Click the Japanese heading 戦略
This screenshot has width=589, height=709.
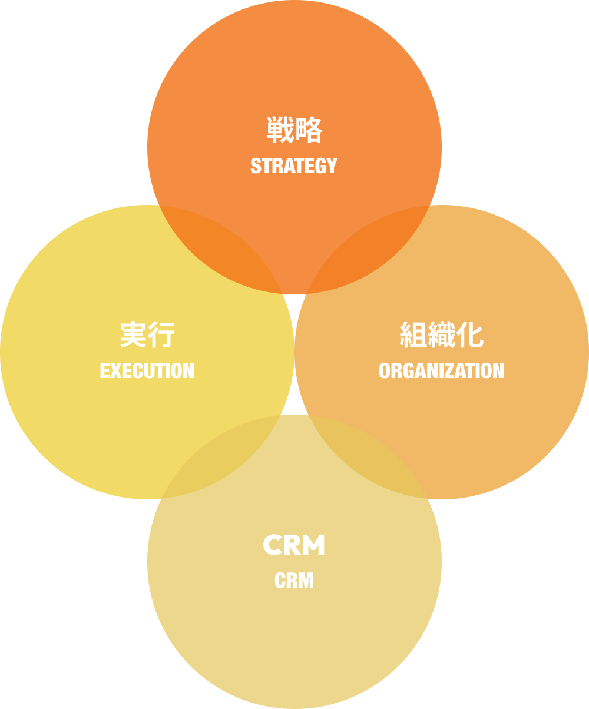294,130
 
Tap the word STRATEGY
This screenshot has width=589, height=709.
294,166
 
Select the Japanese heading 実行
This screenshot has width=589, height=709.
147,335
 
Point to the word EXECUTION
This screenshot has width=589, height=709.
147,371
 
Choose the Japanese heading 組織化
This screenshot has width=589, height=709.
442,335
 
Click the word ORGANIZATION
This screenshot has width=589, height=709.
442,371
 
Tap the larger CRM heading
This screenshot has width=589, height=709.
294,545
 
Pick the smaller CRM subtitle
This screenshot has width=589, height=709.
294,581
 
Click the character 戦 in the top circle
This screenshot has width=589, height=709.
280,130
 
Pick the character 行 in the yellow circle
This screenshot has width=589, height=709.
161,335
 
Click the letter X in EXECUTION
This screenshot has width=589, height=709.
115,371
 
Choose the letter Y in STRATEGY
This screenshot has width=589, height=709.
332,166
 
